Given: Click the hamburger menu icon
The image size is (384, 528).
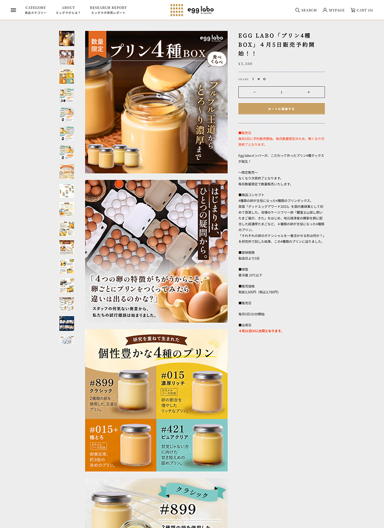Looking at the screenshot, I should click(x=13, y=10).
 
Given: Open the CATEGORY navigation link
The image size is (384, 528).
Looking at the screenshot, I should click(x=36, y=8).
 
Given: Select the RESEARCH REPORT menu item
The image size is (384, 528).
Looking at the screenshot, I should click(x=108, y=8).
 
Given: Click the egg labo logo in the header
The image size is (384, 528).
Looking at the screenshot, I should click(x=192, y=10).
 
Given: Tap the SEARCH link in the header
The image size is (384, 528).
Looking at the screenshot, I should click(x=306, y=10).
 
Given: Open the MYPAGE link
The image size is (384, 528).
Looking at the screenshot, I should click(x=334, y=10).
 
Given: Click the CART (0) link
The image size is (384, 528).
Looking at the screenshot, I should click(x=362, y=10).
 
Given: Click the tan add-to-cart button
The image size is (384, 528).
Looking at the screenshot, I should click(x=281, y=109).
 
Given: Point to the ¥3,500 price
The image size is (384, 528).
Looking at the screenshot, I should click(x=245, y=64).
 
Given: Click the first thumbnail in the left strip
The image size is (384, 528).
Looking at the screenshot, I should click(x=67, y=38).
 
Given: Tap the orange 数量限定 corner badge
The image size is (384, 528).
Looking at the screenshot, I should click(x=96, y=45).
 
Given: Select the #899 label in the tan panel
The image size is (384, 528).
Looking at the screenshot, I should click(x=102, y=383).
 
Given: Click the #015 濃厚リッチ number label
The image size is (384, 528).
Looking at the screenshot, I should click(x=173, y=375).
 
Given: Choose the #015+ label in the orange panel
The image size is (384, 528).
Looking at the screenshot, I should click(x=104, y=429).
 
